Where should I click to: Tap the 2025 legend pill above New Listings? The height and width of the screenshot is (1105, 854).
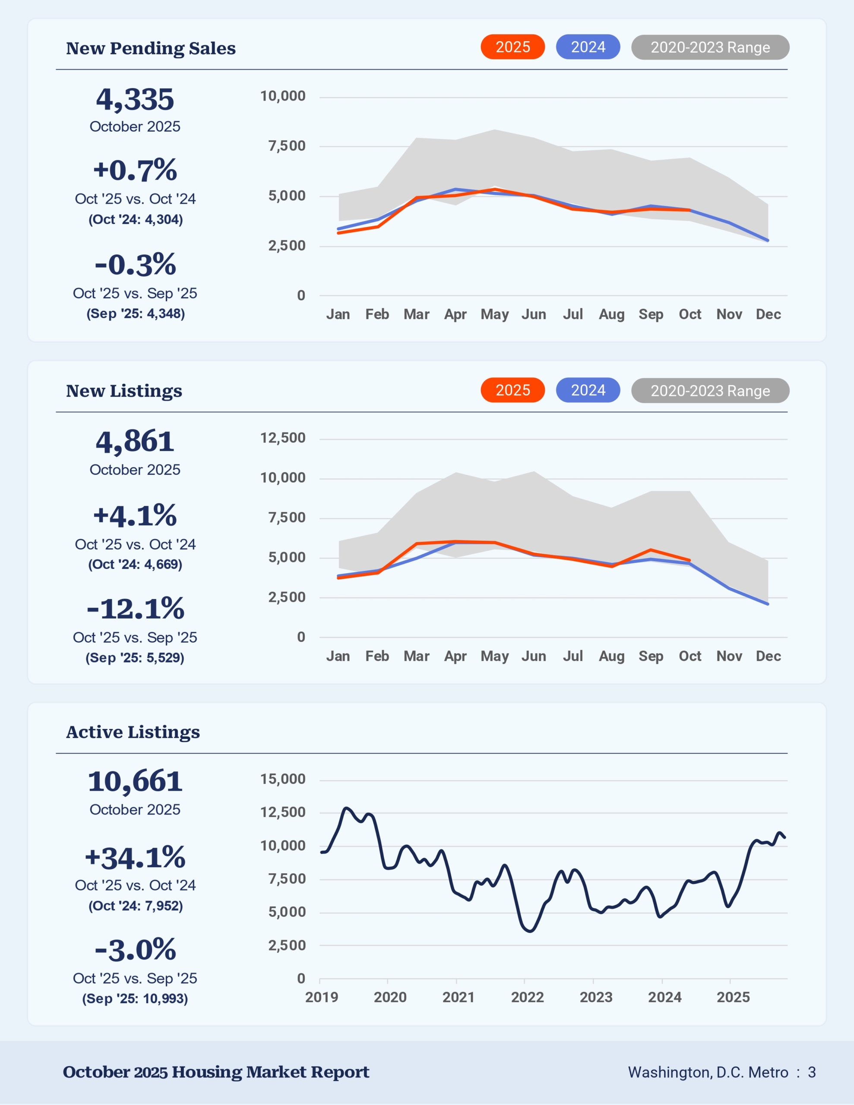click(x=512, y=390)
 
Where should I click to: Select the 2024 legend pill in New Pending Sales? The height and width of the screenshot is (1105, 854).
click(x=588, y=47)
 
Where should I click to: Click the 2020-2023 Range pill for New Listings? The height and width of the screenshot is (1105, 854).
click(x=710, y=391)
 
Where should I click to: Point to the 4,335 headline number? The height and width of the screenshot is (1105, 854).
click(x=135, y=99)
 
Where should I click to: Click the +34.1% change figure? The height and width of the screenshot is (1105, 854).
click(x=135, y=858)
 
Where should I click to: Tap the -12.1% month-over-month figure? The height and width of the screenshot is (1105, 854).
click(x=135, y=608)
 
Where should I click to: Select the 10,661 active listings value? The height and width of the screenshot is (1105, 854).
click(x=135, y=782)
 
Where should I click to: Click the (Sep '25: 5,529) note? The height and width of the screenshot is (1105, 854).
click(x=135, y=658)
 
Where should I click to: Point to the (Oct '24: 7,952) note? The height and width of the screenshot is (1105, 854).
click(x=135, y=906)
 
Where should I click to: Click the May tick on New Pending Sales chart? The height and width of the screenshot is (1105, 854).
click(x=495, y=314)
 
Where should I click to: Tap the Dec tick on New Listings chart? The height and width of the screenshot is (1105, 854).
click(x=768, y=656)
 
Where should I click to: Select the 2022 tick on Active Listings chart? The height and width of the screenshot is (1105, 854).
click(x=527, y=997)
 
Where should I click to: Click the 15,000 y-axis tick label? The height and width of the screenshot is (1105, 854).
click(x=282, y=779)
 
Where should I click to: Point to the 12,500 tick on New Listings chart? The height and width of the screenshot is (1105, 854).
click(x=282, y=438)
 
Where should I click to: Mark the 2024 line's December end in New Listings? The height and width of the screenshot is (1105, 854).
click(x=768, y=603)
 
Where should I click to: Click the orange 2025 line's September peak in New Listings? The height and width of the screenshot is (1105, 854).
click(x=651, y=550)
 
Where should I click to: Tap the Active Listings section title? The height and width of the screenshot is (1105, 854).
click(x=133, y=732)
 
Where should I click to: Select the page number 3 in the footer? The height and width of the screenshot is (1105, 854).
click(x=812, y=1073)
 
